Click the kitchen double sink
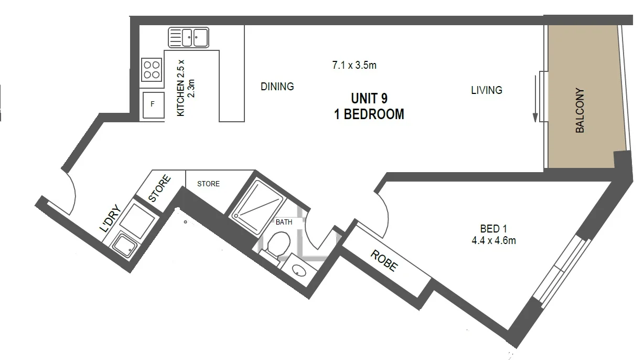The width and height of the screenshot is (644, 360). (x=188, y=37)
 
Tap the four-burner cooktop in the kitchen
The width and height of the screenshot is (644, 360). (x=152, y=70)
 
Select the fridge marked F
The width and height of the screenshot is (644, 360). (x=153, y=104)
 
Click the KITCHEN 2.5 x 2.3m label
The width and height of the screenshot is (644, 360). (x=186, y=88)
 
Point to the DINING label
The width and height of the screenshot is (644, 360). (x=277, y=87)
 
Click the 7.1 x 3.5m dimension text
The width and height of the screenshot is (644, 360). (x=355, y=66)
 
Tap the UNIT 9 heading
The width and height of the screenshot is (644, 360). (x=369, y=98)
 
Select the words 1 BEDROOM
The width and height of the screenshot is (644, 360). (x=369, y=114)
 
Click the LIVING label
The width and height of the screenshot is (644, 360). (x=486, y=90)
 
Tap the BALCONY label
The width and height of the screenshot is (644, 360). (x=580, y=110)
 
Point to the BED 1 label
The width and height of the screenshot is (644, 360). (x=493, y=229)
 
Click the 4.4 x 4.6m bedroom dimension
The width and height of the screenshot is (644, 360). (x=493, y=241)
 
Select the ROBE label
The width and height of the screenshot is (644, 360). (x=384, y=260)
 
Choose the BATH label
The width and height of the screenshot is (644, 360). (x=284, y=222)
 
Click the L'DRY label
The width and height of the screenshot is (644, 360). (x=111, y=218)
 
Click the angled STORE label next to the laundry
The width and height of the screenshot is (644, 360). (x=159, y=189)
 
